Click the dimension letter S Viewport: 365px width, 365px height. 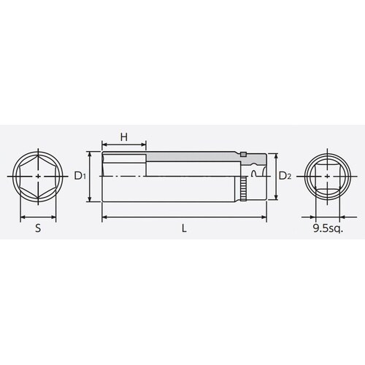pos(38,228)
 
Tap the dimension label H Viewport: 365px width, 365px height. pos(123,137)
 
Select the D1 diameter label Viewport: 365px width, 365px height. pos(81,176)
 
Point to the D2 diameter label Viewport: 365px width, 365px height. pos(285,176)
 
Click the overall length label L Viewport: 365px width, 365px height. pos(184,228)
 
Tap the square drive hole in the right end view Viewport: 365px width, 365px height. pos(326,177)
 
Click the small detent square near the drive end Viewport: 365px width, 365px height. pos(246,155)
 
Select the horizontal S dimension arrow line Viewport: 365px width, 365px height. pos(38,216)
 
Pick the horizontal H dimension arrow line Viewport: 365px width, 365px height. pos(123,145)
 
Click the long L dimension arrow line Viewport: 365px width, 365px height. pos(182,216)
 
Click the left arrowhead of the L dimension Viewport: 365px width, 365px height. pos(104,216)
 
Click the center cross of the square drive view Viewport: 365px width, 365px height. pos(326,177)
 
